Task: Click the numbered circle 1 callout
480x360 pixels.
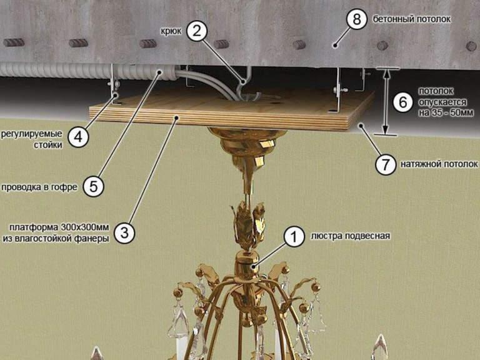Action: point(291,237)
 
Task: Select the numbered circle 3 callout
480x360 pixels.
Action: point(124,232)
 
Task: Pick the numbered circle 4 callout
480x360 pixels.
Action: point(78,137)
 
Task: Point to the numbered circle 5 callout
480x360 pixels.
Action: point(94,186)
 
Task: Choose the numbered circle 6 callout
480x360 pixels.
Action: point(403,101)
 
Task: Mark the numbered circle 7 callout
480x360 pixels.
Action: point(385,165)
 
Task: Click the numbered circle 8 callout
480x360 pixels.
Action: point(356,19)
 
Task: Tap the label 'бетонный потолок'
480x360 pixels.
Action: point(412,19)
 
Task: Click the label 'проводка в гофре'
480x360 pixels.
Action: point(39,187)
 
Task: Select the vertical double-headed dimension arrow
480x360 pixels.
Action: point(386,101)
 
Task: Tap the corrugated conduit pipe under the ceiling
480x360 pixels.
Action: point(134,72)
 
